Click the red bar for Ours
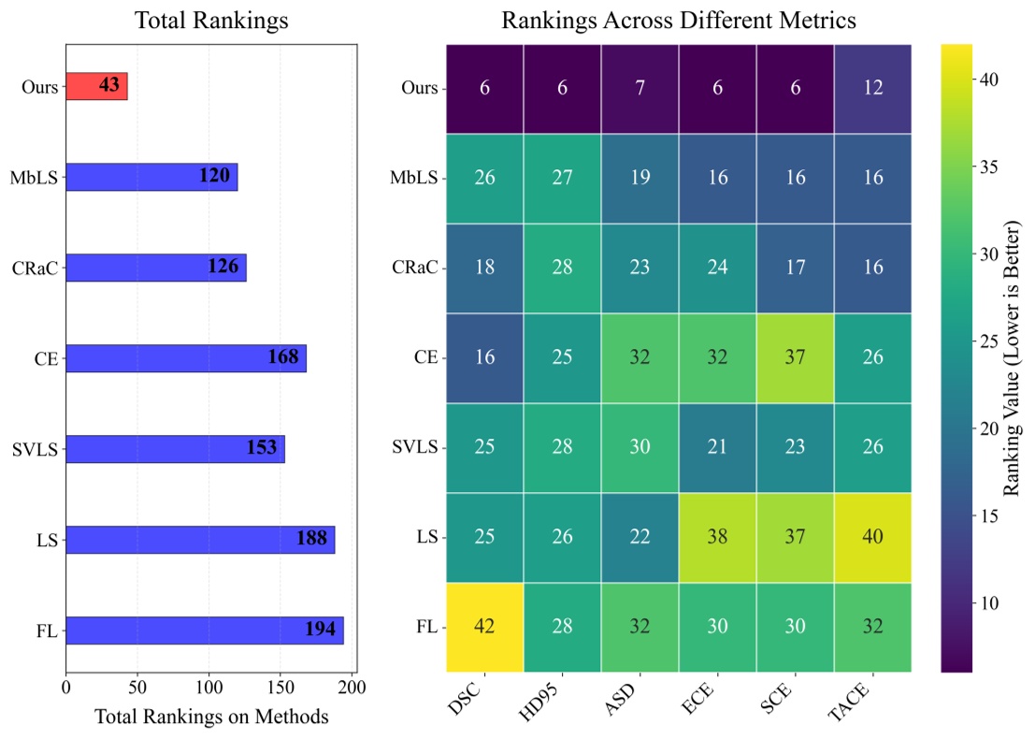coord(96,87)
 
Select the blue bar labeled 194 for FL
coord(204,630)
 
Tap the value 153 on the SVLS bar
coord(262,448)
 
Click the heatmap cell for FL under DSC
coord(484,628)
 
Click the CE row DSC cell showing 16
coord(484,358)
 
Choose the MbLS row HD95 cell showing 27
coord(562,178)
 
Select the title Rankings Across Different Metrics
coord(679,20)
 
